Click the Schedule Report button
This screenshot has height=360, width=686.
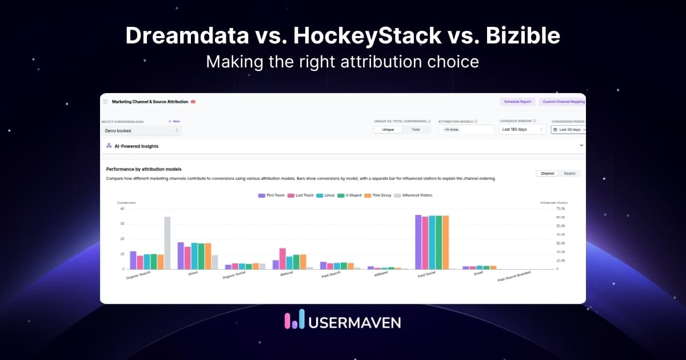[517, 102]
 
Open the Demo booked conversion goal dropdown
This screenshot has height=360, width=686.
[142, 131]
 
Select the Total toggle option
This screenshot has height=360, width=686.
[416, 130]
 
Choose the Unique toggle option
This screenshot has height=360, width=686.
[388, 130]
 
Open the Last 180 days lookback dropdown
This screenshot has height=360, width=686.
[523, 130]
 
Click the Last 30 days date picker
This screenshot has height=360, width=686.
[568, 130]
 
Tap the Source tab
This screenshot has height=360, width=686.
[569, 173]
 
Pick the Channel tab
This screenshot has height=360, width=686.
[547, 173]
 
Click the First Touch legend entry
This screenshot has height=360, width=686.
[272, 195]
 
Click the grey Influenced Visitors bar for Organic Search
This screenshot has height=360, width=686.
[167, 243]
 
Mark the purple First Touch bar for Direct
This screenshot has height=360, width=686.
[181, 255]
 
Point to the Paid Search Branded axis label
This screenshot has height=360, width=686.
[514, 277]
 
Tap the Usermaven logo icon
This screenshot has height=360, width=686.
[294, 321]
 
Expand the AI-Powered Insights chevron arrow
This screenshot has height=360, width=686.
[581, 146]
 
